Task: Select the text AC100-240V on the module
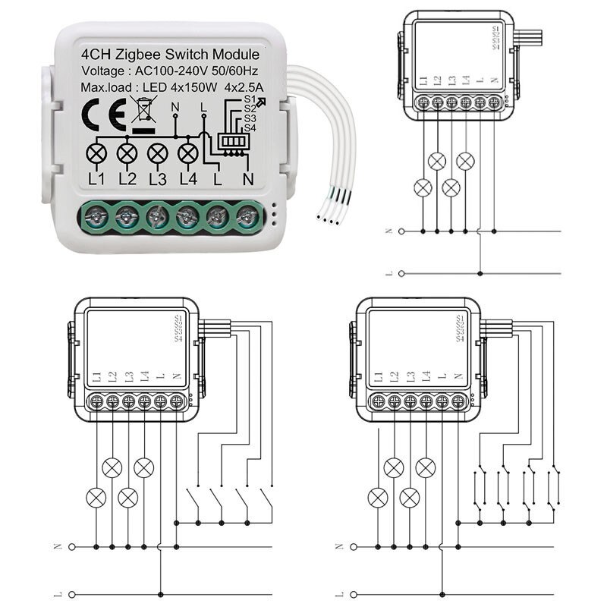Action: click(x=163, y=71)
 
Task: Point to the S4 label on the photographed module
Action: click(x=250, y=128)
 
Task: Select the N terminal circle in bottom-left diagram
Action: click(x=72, y=546)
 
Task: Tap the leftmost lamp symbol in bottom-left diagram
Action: click(x=96, y=498)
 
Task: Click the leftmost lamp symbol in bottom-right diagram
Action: click(x=377, y=498)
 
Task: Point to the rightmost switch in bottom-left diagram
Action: click(x=266, y=501)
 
